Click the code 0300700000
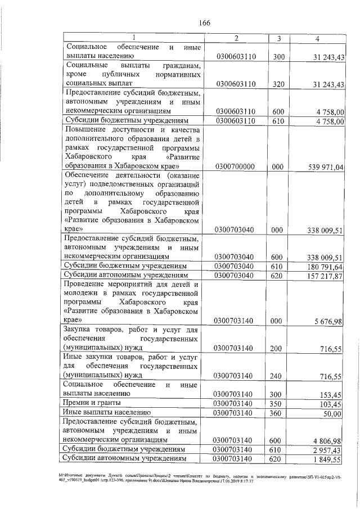point(236,166)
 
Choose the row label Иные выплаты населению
point(106,413)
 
